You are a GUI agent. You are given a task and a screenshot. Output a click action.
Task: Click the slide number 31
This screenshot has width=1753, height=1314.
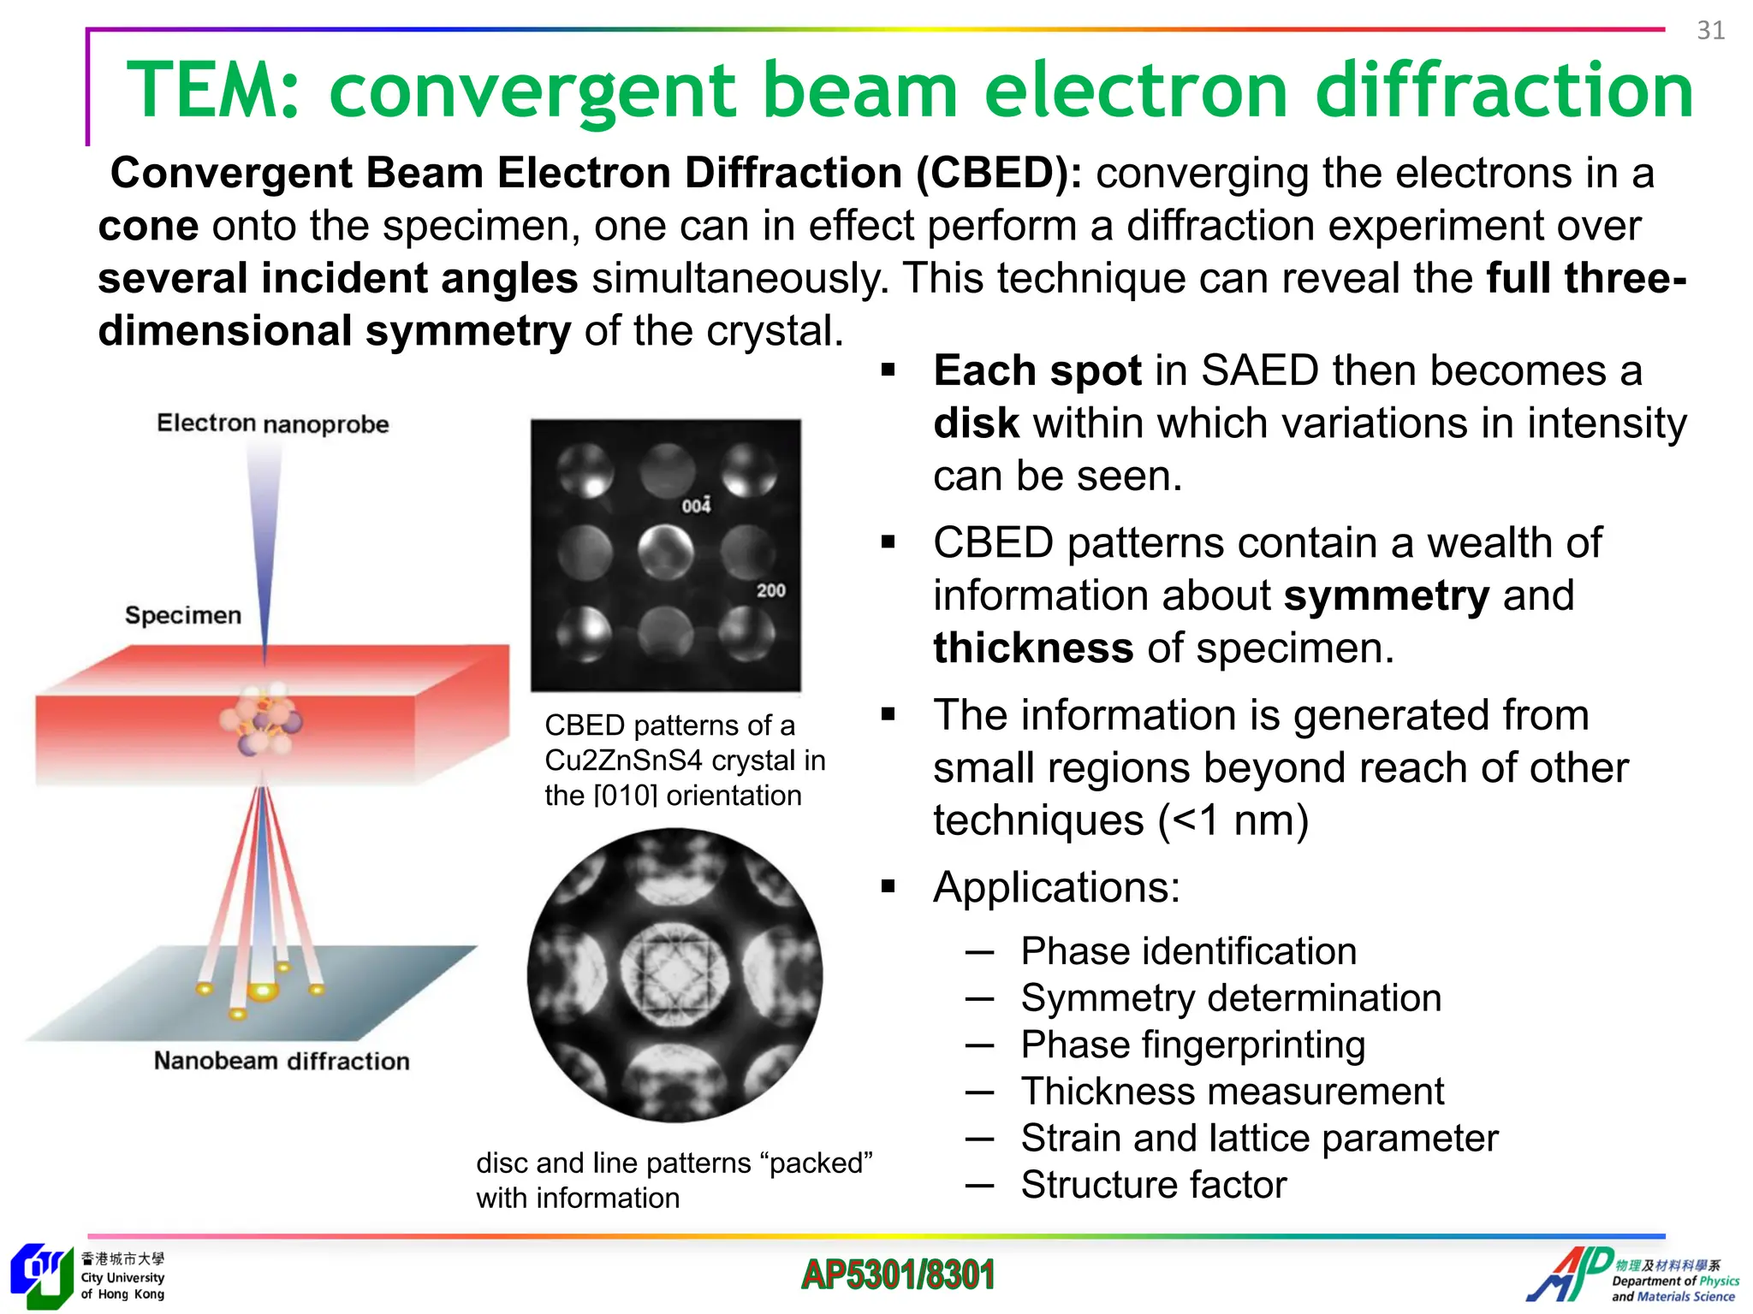click(1710, 31)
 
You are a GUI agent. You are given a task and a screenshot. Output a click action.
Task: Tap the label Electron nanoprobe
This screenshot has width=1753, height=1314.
click(272, 423)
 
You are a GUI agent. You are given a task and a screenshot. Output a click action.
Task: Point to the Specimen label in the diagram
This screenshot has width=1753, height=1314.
click(183, 615)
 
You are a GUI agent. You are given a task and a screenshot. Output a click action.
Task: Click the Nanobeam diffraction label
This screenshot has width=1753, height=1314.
click(282, 1061)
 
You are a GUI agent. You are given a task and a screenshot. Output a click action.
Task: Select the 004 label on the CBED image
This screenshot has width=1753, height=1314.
click(696, 506)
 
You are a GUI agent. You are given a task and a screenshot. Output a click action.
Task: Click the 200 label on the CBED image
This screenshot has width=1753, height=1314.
click(770, 590)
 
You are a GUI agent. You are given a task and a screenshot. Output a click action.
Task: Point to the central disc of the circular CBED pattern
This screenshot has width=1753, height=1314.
click(674, 974)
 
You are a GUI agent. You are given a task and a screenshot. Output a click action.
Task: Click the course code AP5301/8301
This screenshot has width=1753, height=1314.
click(897, 1275)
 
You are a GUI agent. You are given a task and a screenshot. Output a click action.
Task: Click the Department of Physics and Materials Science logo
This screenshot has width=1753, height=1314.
click(1633, 1276)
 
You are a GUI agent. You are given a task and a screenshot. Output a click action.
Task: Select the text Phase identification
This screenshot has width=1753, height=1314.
click(1188, 951)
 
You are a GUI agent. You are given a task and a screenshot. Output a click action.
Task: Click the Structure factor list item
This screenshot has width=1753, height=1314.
click(1153, 1185)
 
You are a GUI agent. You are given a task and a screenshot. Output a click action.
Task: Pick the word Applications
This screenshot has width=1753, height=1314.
click(1056, 887)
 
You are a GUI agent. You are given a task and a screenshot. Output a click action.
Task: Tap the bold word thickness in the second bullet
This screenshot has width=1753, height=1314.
click(1033, 648)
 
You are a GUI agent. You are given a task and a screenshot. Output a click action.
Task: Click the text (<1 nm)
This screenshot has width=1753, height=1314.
click(1233, 820)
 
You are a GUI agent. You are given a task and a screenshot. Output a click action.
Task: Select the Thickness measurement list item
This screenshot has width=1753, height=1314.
click(1232, 1092)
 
